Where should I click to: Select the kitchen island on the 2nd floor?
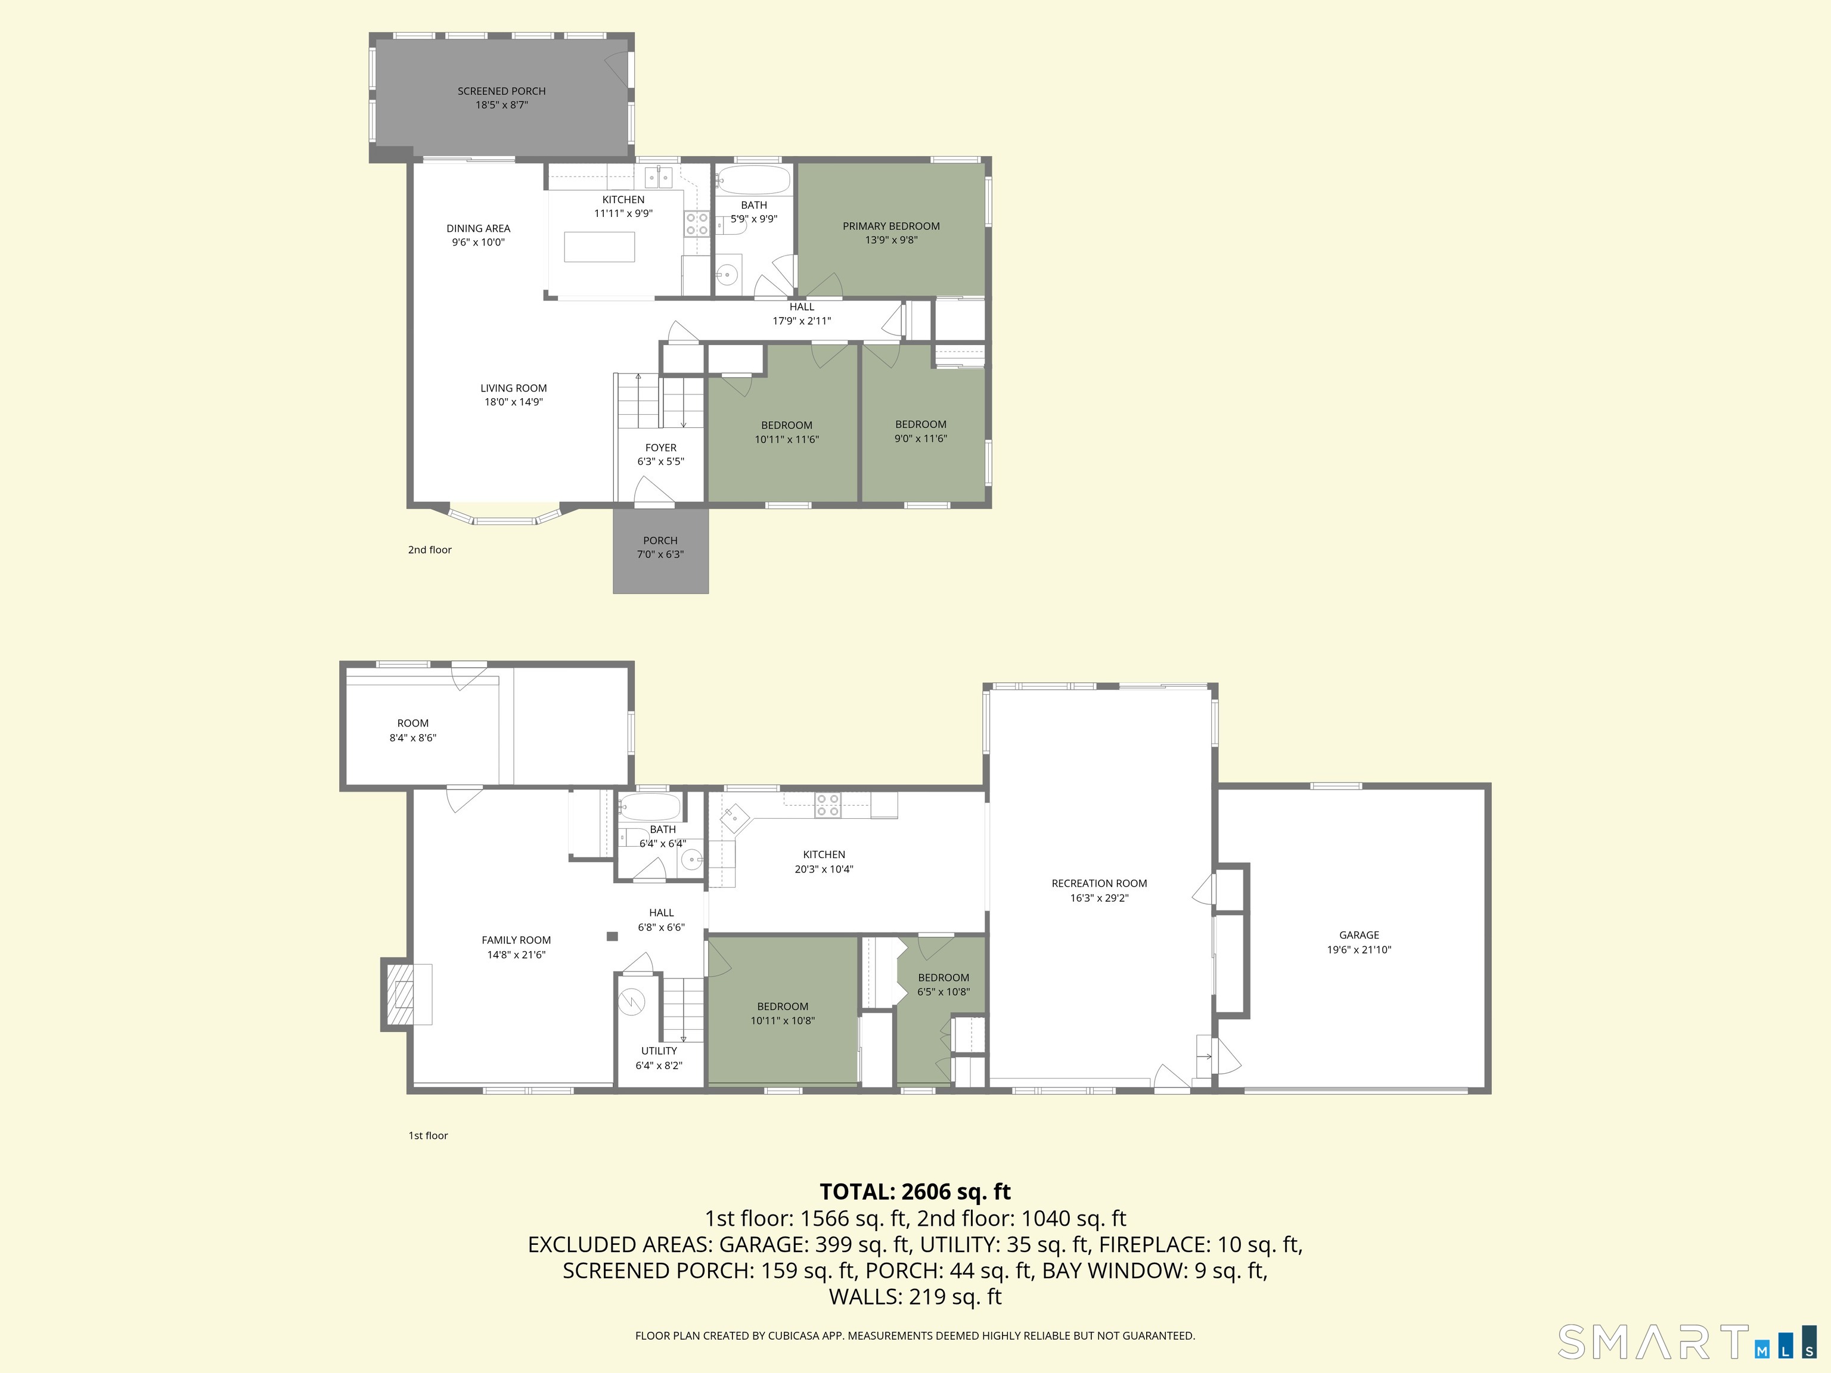pos(599,247)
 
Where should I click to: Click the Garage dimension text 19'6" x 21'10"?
pos(1358,949)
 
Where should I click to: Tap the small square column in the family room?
pos(612,936)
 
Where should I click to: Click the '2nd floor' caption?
pos(430,549)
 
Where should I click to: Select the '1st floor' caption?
pos(428,1135)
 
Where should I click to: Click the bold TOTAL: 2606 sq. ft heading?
pos(915,1192)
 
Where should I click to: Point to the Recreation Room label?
pos(1098,883)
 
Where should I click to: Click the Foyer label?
pos(660,448)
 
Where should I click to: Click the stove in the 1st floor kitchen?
pos(828,804)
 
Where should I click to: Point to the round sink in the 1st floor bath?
pos(691,861)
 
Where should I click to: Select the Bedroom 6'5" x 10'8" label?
pos(943,977)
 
